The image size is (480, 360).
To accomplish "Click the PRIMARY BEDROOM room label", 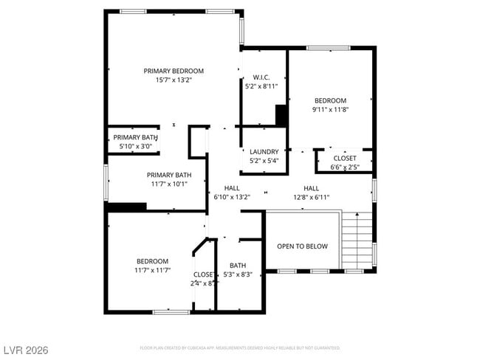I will tap(174, 71).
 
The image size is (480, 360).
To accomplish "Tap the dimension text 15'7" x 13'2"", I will tap(174, 80).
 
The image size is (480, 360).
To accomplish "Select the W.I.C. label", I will tap(261, 77).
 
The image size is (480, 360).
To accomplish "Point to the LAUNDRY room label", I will tap(264, 151).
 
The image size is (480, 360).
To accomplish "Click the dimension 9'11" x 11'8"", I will tap(331, 110).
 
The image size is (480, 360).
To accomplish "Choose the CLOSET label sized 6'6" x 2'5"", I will tap(344, 158).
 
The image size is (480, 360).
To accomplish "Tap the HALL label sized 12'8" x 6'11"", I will tap(311, 188).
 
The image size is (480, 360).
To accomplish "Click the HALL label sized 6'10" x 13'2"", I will tap(232, 188).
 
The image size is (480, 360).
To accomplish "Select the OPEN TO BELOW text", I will tap(302, 246).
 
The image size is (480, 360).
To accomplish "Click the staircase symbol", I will tap(357, 240).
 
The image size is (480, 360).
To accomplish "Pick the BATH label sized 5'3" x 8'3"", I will tap(238, 266).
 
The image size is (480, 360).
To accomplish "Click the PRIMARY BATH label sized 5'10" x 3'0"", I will tap(135, 137).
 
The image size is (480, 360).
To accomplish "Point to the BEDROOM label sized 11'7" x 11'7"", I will tap(151, 261).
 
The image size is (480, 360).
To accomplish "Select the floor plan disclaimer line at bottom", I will tap(240, 347).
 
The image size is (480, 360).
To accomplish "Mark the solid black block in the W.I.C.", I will tap(281, 115).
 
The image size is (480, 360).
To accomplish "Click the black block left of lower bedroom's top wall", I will tap(126, 207).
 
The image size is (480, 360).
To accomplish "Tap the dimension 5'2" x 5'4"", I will tap(264, 161).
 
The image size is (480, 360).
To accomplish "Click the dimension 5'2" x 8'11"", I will tap(261, 86).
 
